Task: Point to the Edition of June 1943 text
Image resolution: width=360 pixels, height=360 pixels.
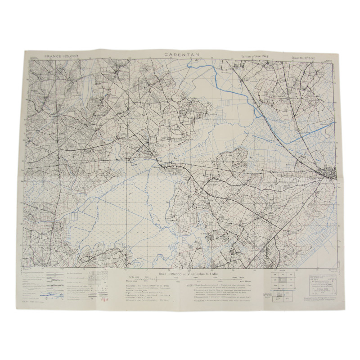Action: click(x=258, y=56)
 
